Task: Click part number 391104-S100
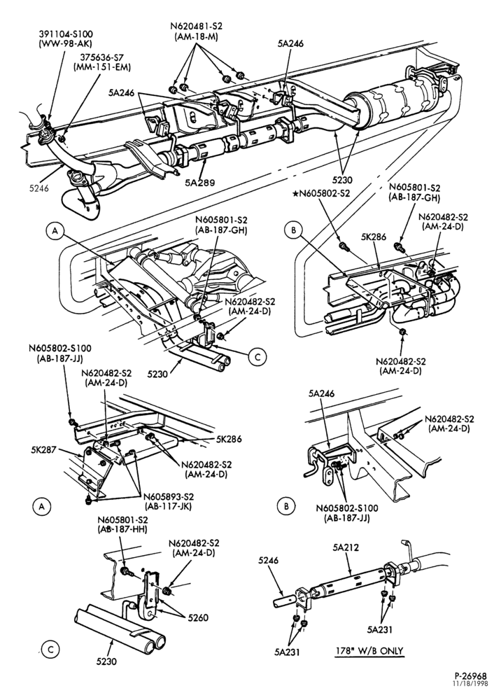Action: click(66, 34)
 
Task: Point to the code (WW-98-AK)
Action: click(66, 43)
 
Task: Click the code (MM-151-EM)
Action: click(102, 67)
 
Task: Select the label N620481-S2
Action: click(197, 27)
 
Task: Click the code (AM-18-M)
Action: click(197, 36)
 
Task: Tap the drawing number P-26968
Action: click(471, 676)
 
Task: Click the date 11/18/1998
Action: click(471, 683)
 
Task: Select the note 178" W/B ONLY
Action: click(369, 651)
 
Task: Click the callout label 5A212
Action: click(345, 548)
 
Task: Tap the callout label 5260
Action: click(198, 618)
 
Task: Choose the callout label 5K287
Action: click(43, 449)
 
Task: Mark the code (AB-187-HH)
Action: click(122, 529)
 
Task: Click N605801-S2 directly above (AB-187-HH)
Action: click(122, 520)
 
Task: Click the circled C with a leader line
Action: click(257, 357)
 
